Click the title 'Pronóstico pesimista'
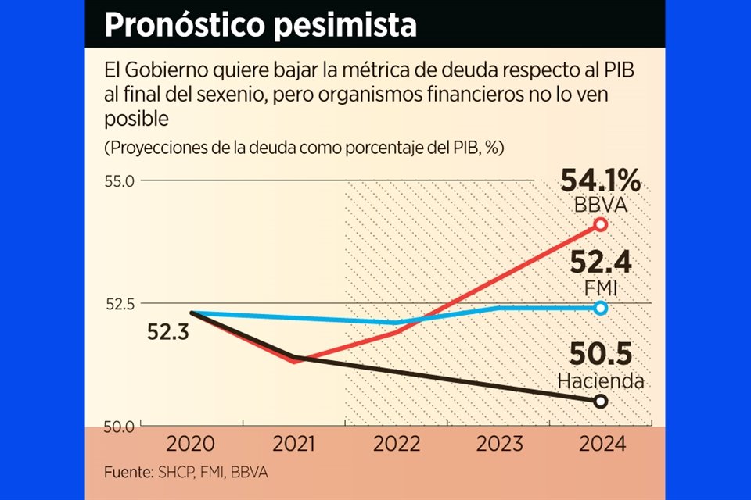click(x=260, y=25)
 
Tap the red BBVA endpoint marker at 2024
click(x=601, y=224)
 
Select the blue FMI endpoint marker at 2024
click(x=601, y=308)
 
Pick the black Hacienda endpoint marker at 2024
click(x=601, y=401)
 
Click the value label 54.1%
click(x=601, y=182)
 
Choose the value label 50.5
click(x=601, y=355)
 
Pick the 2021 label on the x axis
click(x=294, y=445)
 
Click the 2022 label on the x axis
click(x=397, y=445)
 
